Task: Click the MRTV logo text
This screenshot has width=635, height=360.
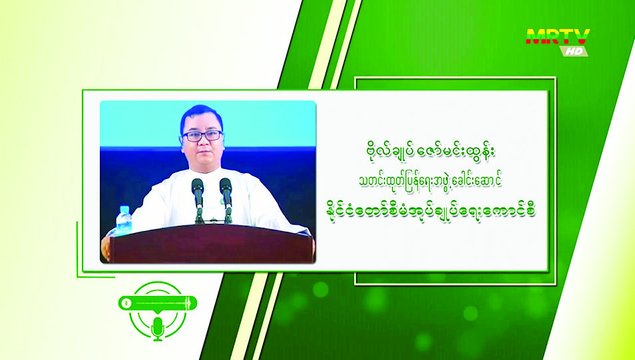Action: (x=558, y=37)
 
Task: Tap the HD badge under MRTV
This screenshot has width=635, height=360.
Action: (x=574, y=51)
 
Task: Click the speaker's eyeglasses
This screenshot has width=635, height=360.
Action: (x=202, y=135)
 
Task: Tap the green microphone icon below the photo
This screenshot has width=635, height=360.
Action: (x=157, y=327)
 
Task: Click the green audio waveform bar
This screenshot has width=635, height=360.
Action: (x=158, y=303)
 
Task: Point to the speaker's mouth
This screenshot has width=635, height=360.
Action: (x=202, y=154)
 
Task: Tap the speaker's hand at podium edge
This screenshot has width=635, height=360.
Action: (x=105, y=248)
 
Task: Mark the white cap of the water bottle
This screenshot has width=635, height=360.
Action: (x=124, y=208)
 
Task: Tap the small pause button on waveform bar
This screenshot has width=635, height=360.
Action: (x=126, y=303)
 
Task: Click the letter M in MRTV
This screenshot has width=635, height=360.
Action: (x=535, y=37)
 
